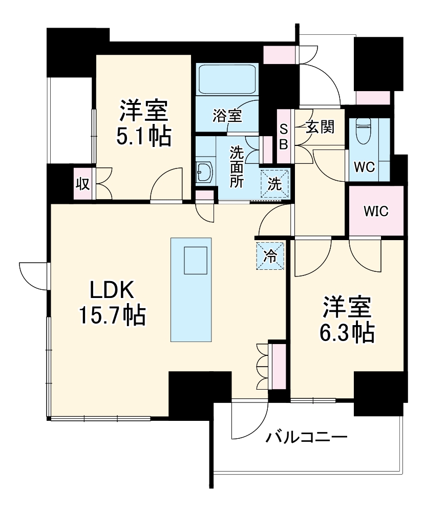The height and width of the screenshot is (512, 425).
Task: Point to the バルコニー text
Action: click(x=307, y=438)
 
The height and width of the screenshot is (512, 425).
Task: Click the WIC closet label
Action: click(x=376, y=210)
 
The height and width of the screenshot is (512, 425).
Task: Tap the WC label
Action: click(x=365, y=167)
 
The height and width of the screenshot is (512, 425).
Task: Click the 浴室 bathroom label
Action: click(x=227, y=116)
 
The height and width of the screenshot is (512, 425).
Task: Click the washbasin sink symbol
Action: click(x=204, y=173)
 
